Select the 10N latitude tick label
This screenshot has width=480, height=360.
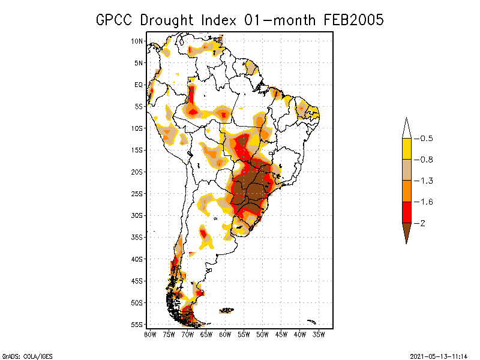pos(137,41)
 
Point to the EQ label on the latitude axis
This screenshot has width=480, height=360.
pos(138,85)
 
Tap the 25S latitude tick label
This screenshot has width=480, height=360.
pos(137,194)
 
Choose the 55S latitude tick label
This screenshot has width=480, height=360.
pos(137,325)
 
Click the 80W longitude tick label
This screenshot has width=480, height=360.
pos(149,334)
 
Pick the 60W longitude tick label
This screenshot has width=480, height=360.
pos(225,334)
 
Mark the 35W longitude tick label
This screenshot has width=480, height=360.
pos(319,334)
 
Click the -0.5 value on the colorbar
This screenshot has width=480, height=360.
pos(426,139)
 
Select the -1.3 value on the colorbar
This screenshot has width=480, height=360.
pos(426,181)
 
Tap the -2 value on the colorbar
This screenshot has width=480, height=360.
pos(423,223)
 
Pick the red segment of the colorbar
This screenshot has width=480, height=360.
pos(407,212)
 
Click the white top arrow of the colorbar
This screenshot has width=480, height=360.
pos(407,127)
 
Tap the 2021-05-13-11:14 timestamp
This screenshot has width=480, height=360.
pos(439,355)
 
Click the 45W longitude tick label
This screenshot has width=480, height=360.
pos(281,334)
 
